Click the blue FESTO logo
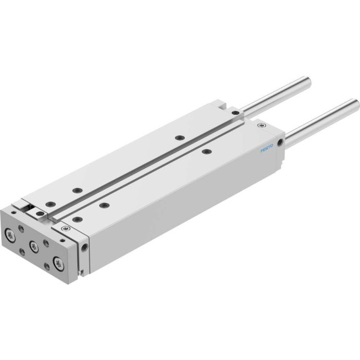click(267, 149)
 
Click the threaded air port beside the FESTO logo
click(280, 143)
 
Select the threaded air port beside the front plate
click(84, 248)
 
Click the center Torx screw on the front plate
click(34, 246)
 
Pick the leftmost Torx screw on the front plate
click(10, 235)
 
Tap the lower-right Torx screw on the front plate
click(58, 263)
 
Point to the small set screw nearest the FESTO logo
click(261, 125)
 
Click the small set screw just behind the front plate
click(66, 228)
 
